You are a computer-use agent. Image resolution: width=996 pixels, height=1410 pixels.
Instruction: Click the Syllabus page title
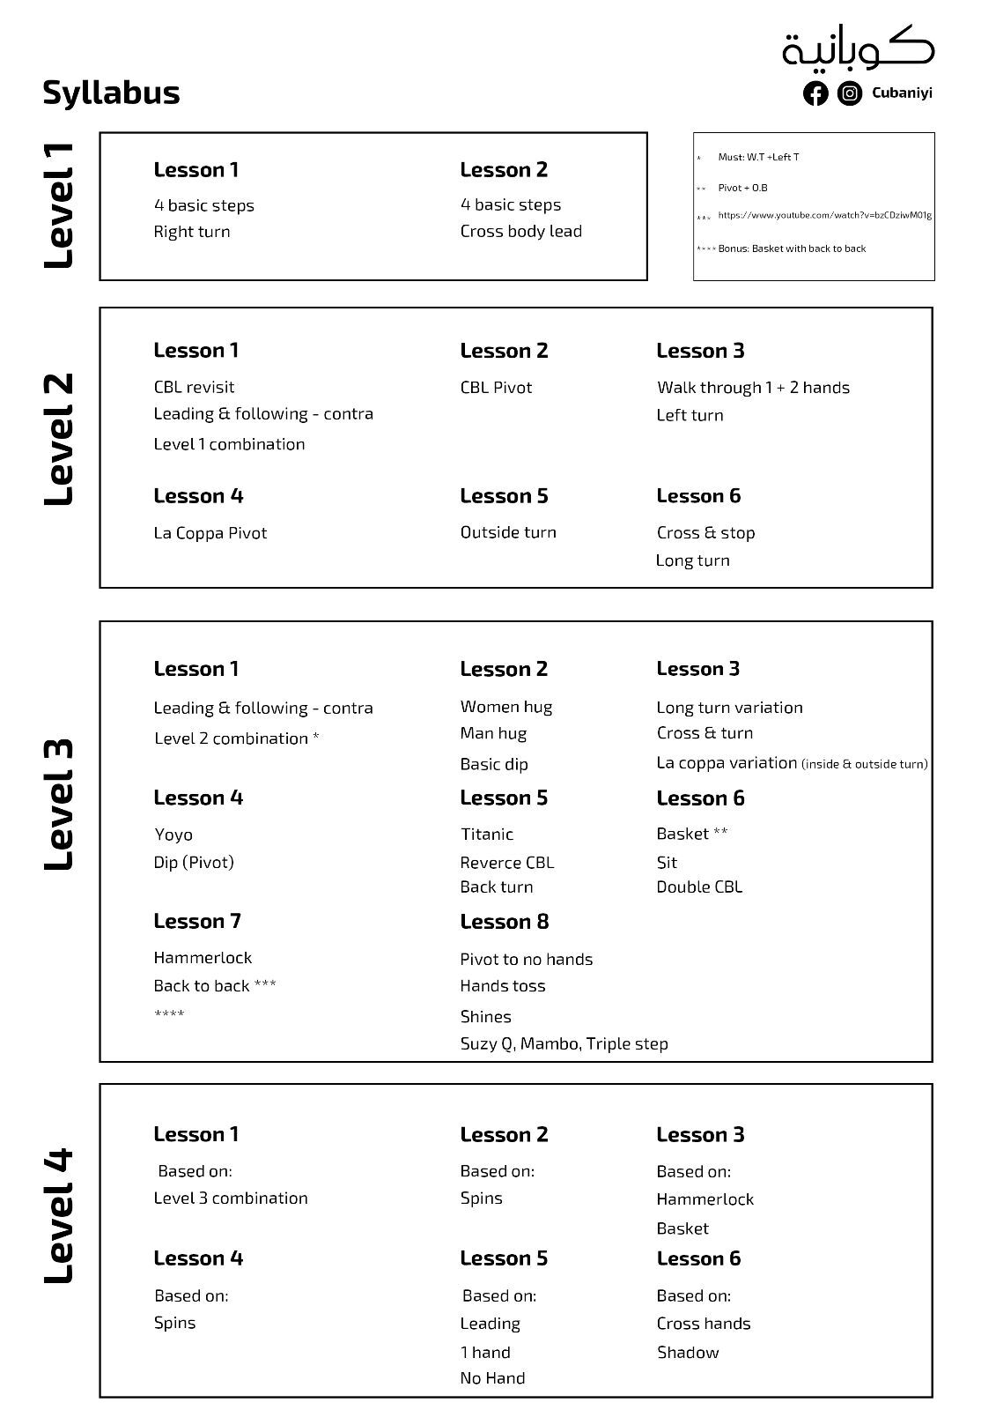pos(111,93)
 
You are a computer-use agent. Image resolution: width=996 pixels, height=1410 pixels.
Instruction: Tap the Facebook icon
pos(815,93)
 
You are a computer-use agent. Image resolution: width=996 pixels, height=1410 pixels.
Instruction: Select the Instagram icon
pos(849,93)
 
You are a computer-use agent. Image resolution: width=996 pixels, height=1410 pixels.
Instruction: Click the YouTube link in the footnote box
pos(824,215)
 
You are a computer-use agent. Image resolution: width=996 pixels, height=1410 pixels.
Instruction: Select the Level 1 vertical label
pos(59,205)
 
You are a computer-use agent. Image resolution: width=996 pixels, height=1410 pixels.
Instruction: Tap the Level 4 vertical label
pos(59,1216)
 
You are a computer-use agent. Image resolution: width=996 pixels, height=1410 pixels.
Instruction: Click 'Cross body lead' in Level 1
pos(520,232)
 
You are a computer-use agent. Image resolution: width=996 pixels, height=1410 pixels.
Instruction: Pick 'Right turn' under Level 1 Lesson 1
pos(191,232)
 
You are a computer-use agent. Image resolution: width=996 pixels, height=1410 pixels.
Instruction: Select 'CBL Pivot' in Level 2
pos(496,388)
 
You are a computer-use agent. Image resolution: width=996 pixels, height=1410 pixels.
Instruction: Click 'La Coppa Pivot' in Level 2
pos(210,533)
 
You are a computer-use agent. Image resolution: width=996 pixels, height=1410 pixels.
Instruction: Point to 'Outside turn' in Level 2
pos(508,532)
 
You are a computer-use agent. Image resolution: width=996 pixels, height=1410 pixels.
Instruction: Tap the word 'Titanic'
pos(486,835)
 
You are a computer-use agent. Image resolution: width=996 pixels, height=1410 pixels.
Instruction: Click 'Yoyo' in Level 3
pos(173,835)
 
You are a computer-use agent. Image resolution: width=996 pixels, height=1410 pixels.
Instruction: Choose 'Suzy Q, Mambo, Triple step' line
pos(564,1044)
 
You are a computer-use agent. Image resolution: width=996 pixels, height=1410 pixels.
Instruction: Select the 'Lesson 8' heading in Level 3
pos(504,922)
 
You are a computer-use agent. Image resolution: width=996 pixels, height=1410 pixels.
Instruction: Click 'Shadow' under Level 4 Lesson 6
pos(687,1353)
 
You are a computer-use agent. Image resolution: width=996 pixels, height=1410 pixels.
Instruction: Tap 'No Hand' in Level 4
pos(492,1378)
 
